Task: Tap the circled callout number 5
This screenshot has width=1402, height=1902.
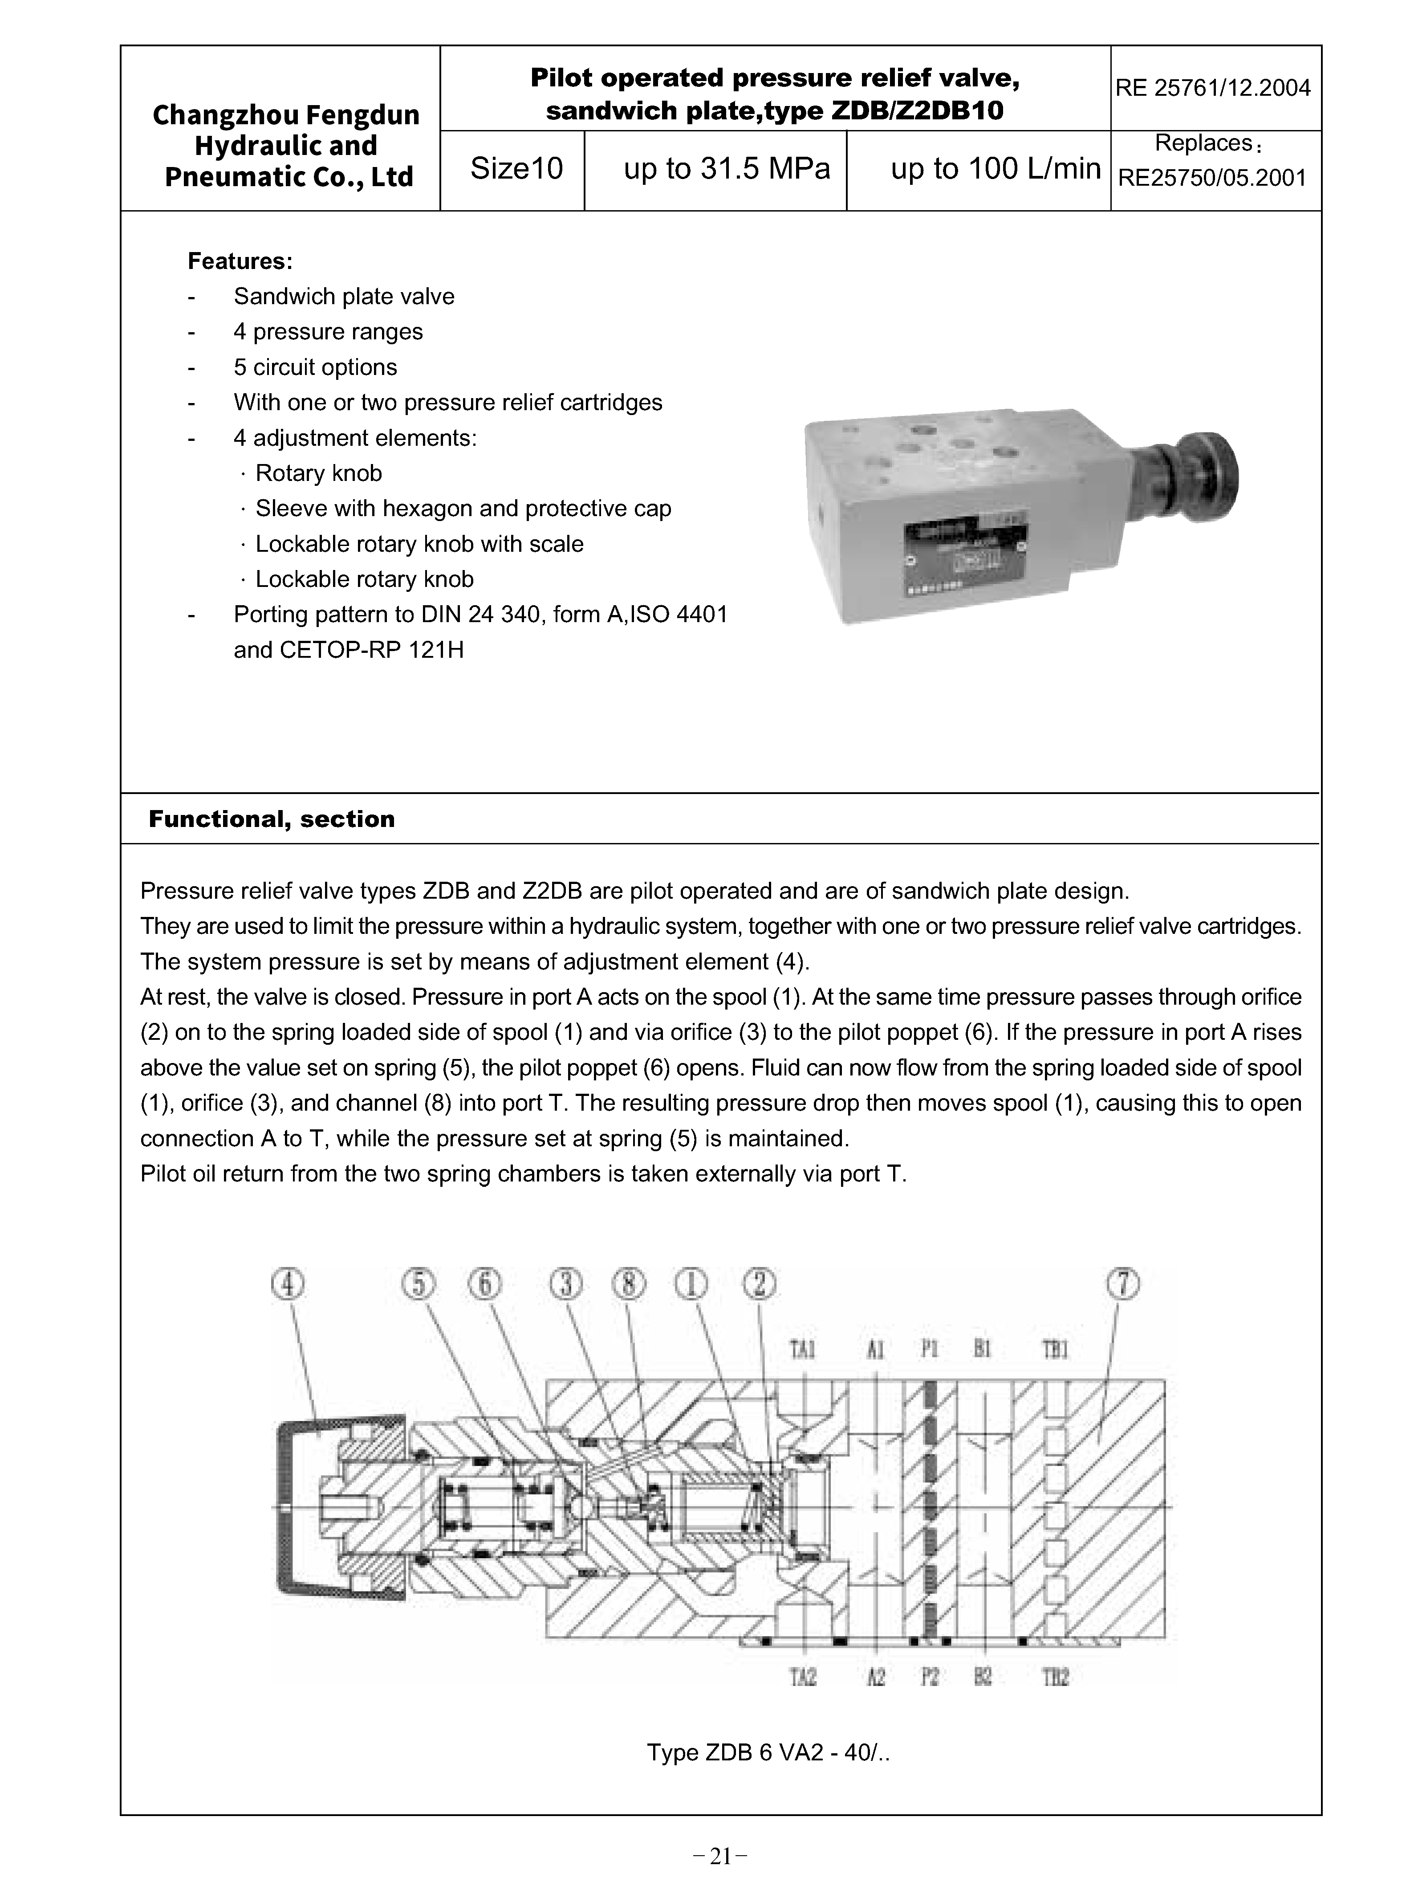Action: (x=419, y=1284)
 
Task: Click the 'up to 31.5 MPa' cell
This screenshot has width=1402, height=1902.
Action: (x=727, y=169)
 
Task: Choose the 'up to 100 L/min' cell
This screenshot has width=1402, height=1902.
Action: (x=995, y=169)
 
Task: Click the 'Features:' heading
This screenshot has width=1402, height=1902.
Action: (x=240, y=261)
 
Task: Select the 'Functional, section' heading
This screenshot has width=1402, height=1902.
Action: (x=272, y=819)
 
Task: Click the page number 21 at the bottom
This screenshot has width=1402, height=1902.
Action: (x=719, y=1857)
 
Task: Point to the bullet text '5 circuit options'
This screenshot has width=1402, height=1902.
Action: (x=315, y=367)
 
